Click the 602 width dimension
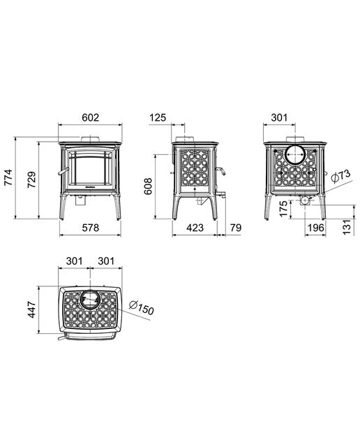(90, 117)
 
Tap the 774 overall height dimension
(9, 177)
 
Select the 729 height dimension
(32, 179)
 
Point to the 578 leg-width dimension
(90, 228)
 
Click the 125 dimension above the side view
(158, 117)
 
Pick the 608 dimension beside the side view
(148, 186)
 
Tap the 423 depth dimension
(195, 228)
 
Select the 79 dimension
(236, 228)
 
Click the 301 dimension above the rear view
(279, 117)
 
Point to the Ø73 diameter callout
(341, 176)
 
